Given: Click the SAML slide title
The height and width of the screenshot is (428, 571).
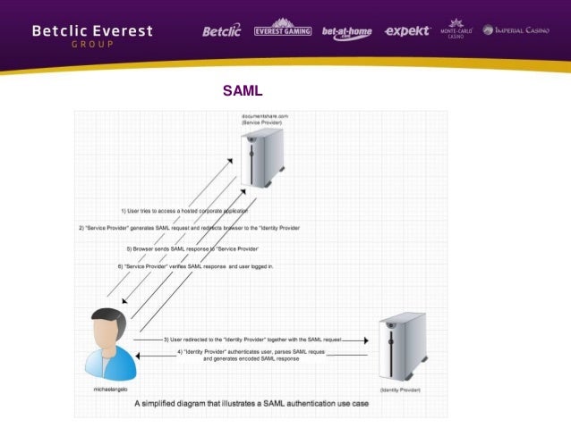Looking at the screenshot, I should pyautogui.click(x=242, y=91).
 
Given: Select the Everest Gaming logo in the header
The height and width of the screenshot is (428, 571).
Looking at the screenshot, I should pyautogui.click(x=282, y=30).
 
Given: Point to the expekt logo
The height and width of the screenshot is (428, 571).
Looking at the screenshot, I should pyautogui.click(x=406, y=30).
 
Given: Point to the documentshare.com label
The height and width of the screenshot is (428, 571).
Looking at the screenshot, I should pyautogui.click(x=264, y=117).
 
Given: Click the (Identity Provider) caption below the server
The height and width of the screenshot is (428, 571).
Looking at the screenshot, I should pyautogui.click(x=401, y=390).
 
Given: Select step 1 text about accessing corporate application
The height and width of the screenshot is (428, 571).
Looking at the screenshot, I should pyautogui.click(x=184, y=211).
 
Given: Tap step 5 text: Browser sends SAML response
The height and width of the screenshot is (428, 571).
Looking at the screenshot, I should pyautogui.click(x=192, y=248).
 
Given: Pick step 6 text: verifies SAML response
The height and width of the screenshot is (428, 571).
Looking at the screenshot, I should pyautogui.click(x=195, y=266).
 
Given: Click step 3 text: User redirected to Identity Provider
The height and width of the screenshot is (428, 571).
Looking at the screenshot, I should pyautogui.click(x=251, y=340).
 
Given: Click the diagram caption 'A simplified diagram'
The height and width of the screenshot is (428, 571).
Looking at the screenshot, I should pyautogui.click(x=251, y=403).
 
